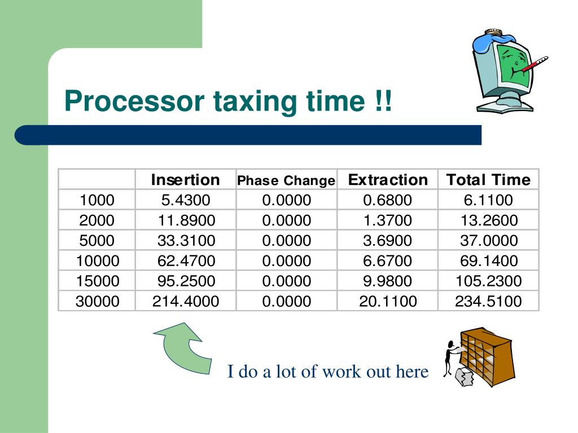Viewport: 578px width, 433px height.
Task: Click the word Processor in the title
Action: (134, 101)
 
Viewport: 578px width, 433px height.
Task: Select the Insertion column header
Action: (185, 180)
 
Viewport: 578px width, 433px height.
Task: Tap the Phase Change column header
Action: (286, 180)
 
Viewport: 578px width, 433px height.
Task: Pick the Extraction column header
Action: (388, 180)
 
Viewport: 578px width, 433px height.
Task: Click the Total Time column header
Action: (488, 180)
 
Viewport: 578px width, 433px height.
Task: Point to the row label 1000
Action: (97, 200)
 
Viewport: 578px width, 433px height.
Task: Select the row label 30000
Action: (97, 301)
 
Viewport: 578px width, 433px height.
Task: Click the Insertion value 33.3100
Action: (186, 240)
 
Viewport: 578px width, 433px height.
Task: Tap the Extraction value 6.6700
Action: (387, 260)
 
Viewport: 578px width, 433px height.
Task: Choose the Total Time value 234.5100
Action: (488, 301)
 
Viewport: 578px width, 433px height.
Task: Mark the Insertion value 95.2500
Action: (186, 281)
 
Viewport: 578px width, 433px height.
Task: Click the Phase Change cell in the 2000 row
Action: (286, 220)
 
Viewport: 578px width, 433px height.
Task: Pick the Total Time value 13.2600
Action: (489, 220)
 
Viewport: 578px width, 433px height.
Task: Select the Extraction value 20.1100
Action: (388, 301)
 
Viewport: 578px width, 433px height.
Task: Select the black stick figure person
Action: (450, 357)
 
